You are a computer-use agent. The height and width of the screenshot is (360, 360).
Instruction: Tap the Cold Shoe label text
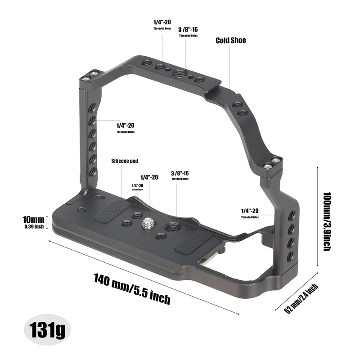(x=231, y=40)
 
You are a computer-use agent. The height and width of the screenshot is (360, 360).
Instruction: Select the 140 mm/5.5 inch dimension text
(x=132, y=288)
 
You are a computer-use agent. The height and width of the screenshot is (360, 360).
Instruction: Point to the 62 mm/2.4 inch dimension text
(x=301, y=297)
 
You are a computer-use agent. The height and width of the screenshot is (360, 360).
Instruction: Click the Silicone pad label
(x=124, y=161)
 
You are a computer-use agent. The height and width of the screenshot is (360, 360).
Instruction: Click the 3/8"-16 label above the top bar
(x=188, y=29)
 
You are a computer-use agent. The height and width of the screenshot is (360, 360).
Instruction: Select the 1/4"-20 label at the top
(x=159, y=22)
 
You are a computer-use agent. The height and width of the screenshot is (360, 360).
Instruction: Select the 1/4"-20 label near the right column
(x=250, y=211)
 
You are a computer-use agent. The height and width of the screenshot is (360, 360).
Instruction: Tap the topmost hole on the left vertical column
(x=91, y=108)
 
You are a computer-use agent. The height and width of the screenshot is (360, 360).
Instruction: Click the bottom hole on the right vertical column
(x=290, y=255)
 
